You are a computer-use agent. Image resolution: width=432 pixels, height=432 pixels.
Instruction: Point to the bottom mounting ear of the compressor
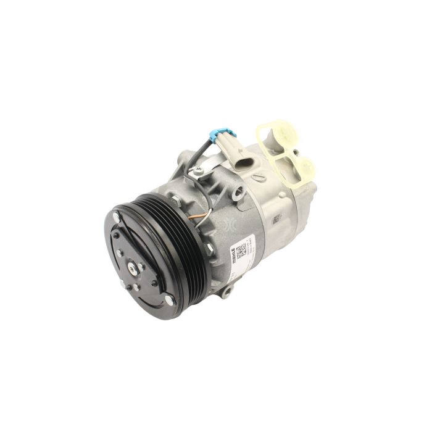pyautogui.click(x=227, y=289)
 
